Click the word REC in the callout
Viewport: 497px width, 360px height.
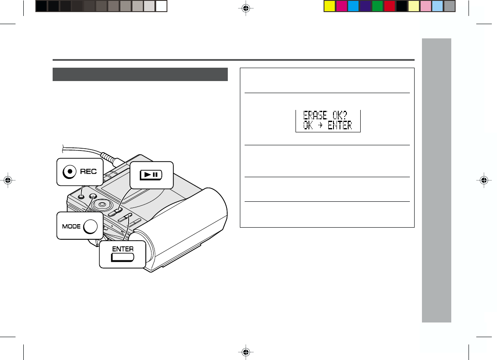[88, 172]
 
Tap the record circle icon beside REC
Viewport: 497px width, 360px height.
[69, 172]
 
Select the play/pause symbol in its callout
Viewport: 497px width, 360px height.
[151, 175]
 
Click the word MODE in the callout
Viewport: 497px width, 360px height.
[71, 226]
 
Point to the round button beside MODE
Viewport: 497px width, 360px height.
[90, 226]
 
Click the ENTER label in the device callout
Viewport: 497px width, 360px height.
[123, 249]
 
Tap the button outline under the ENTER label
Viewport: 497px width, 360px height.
[123, 257]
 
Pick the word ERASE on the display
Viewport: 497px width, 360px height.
[315, 115]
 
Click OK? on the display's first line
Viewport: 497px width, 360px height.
[340, 115]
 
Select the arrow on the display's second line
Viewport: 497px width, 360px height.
[320, 125]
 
